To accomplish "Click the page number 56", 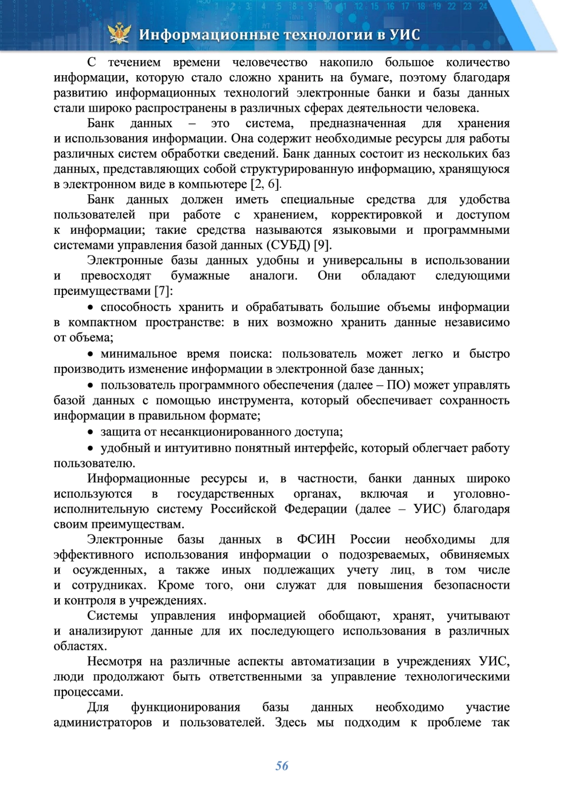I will (x=282, y=766).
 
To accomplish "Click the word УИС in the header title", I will (x=404, y=35).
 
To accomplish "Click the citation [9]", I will (x=322, y=245).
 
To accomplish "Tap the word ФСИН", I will (x=316, y=539).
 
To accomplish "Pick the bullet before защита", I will (x=91, y=432).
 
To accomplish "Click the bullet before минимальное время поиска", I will (x=91, y=354).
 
